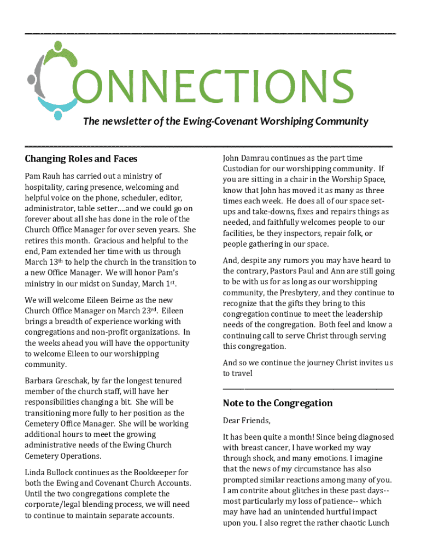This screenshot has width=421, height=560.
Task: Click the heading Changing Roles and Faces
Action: click(x=81, y=159)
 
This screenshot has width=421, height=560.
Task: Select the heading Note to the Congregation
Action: click(x=278, y=404)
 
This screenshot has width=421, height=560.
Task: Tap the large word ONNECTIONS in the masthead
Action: click(x=213, y=86)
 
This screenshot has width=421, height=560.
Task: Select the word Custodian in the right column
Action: click(x=243, y=168)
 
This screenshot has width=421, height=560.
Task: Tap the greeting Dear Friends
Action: click(x=247, y=421)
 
